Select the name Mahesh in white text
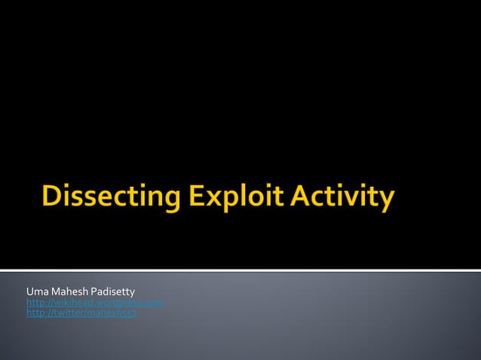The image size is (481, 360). click(67, 291)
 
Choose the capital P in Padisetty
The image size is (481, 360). click(93, 291)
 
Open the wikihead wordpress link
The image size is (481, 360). click(95, 302)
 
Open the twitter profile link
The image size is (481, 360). click(81, 313)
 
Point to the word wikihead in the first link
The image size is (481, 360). click(70, 302)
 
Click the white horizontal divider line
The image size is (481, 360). click(240, 270)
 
